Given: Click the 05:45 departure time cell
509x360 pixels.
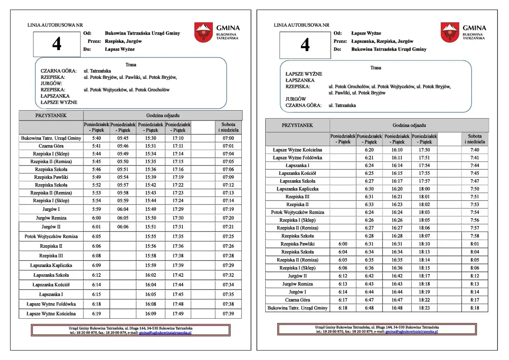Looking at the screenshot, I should [x=123, y=138].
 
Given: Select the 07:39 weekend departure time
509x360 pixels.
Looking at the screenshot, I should [x=228, y=314].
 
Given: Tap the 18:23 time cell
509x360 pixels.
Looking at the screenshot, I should [x=424, y=308].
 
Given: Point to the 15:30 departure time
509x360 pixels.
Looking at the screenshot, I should [x=151, y=138].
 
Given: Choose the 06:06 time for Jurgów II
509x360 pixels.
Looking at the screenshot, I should [x=123, y=227].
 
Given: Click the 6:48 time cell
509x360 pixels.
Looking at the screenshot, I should [x=370, y=308].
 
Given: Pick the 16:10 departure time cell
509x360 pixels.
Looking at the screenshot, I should [x=397, y=150].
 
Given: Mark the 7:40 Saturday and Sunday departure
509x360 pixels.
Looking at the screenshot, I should [x=474, y=150].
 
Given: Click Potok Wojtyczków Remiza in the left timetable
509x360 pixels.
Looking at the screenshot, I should [x=51, y=236].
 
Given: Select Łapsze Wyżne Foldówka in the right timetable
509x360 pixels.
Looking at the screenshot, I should [x=297, y=158].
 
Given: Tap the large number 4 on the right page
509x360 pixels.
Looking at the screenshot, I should [x=305, y=45].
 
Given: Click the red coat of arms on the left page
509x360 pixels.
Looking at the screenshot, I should [x=204, y=32].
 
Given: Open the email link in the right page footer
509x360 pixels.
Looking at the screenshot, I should [x=412, y=331].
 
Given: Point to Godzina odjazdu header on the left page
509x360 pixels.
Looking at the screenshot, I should [x=163, y=115].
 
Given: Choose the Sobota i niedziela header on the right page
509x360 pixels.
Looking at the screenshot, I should [x=474, y=139].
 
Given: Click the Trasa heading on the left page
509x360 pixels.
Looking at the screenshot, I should [x=131, y=64].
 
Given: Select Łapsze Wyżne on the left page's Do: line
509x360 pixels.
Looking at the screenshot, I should [x=120, y=49].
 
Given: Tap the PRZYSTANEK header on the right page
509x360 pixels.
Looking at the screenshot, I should [x=297, y=125].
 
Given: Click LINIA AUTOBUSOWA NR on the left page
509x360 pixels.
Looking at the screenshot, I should [x=51, y=25].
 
